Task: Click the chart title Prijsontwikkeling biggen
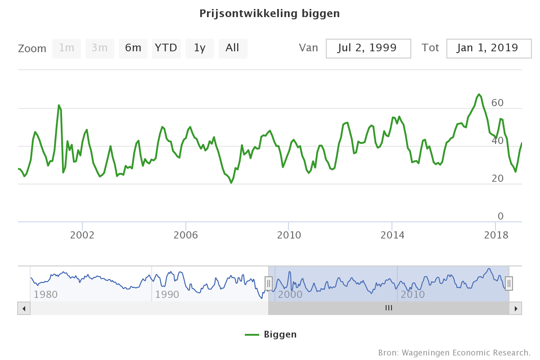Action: pos(270,13)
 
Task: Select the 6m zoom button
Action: pos(133,48)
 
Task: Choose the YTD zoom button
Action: pos(166,48)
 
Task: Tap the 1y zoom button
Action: pos(200,48)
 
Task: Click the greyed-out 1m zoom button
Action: pos(67,48)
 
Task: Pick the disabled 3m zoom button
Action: pos(100,48)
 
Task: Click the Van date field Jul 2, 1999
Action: pos(368,48)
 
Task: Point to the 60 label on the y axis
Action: pos(497,103)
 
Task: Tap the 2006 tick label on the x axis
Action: pos(186,235)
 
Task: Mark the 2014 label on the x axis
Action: pos(392,235)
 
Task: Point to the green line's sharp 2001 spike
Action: pos(59,105)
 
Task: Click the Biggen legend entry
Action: pos(271,334)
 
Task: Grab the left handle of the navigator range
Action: pos(269,283)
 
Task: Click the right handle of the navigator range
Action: pos(509,283)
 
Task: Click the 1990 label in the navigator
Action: pos(167,295)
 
